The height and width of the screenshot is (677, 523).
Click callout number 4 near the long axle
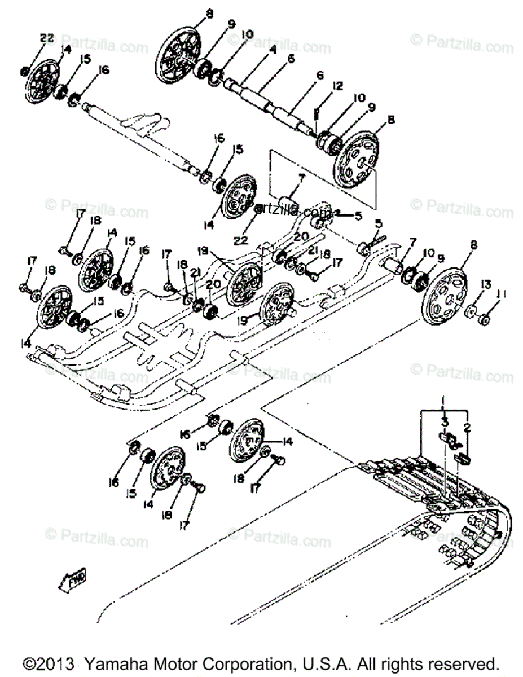(x=273, y=50)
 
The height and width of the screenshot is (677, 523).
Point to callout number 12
(x=337, y=86)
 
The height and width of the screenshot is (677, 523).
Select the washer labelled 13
(x=469, y=311)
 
